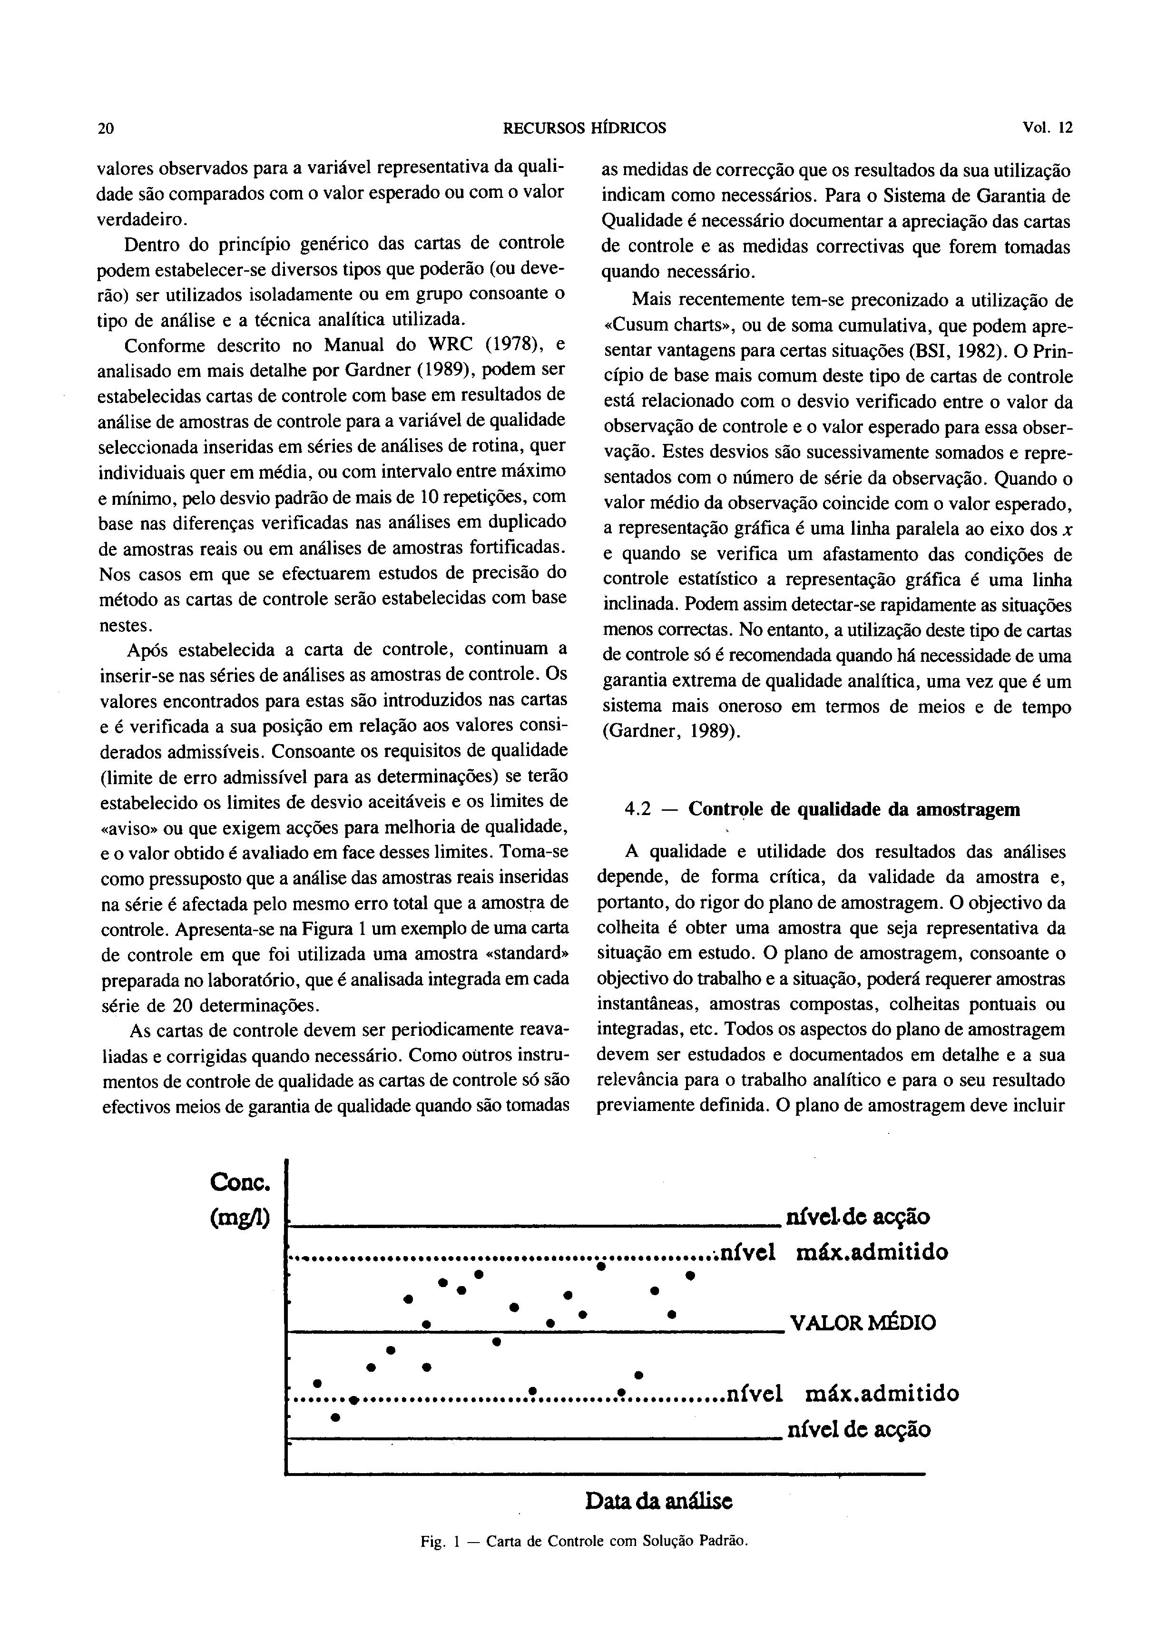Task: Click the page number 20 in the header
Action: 106,129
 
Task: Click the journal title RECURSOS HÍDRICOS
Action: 584,129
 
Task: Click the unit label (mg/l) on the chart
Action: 240,1218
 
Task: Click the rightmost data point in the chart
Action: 689,1276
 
